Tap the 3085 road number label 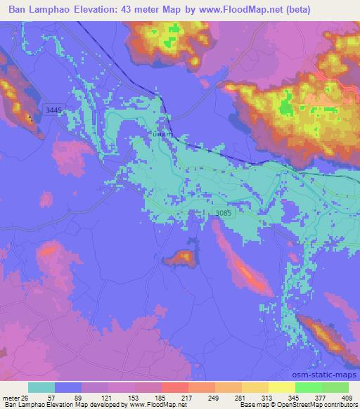coord(221,212)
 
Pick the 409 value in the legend coord(347,397)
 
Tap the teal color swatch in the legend coord(41,387)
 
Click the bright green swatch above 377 coord(307,387)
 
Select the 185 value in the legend coord(160,397)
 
